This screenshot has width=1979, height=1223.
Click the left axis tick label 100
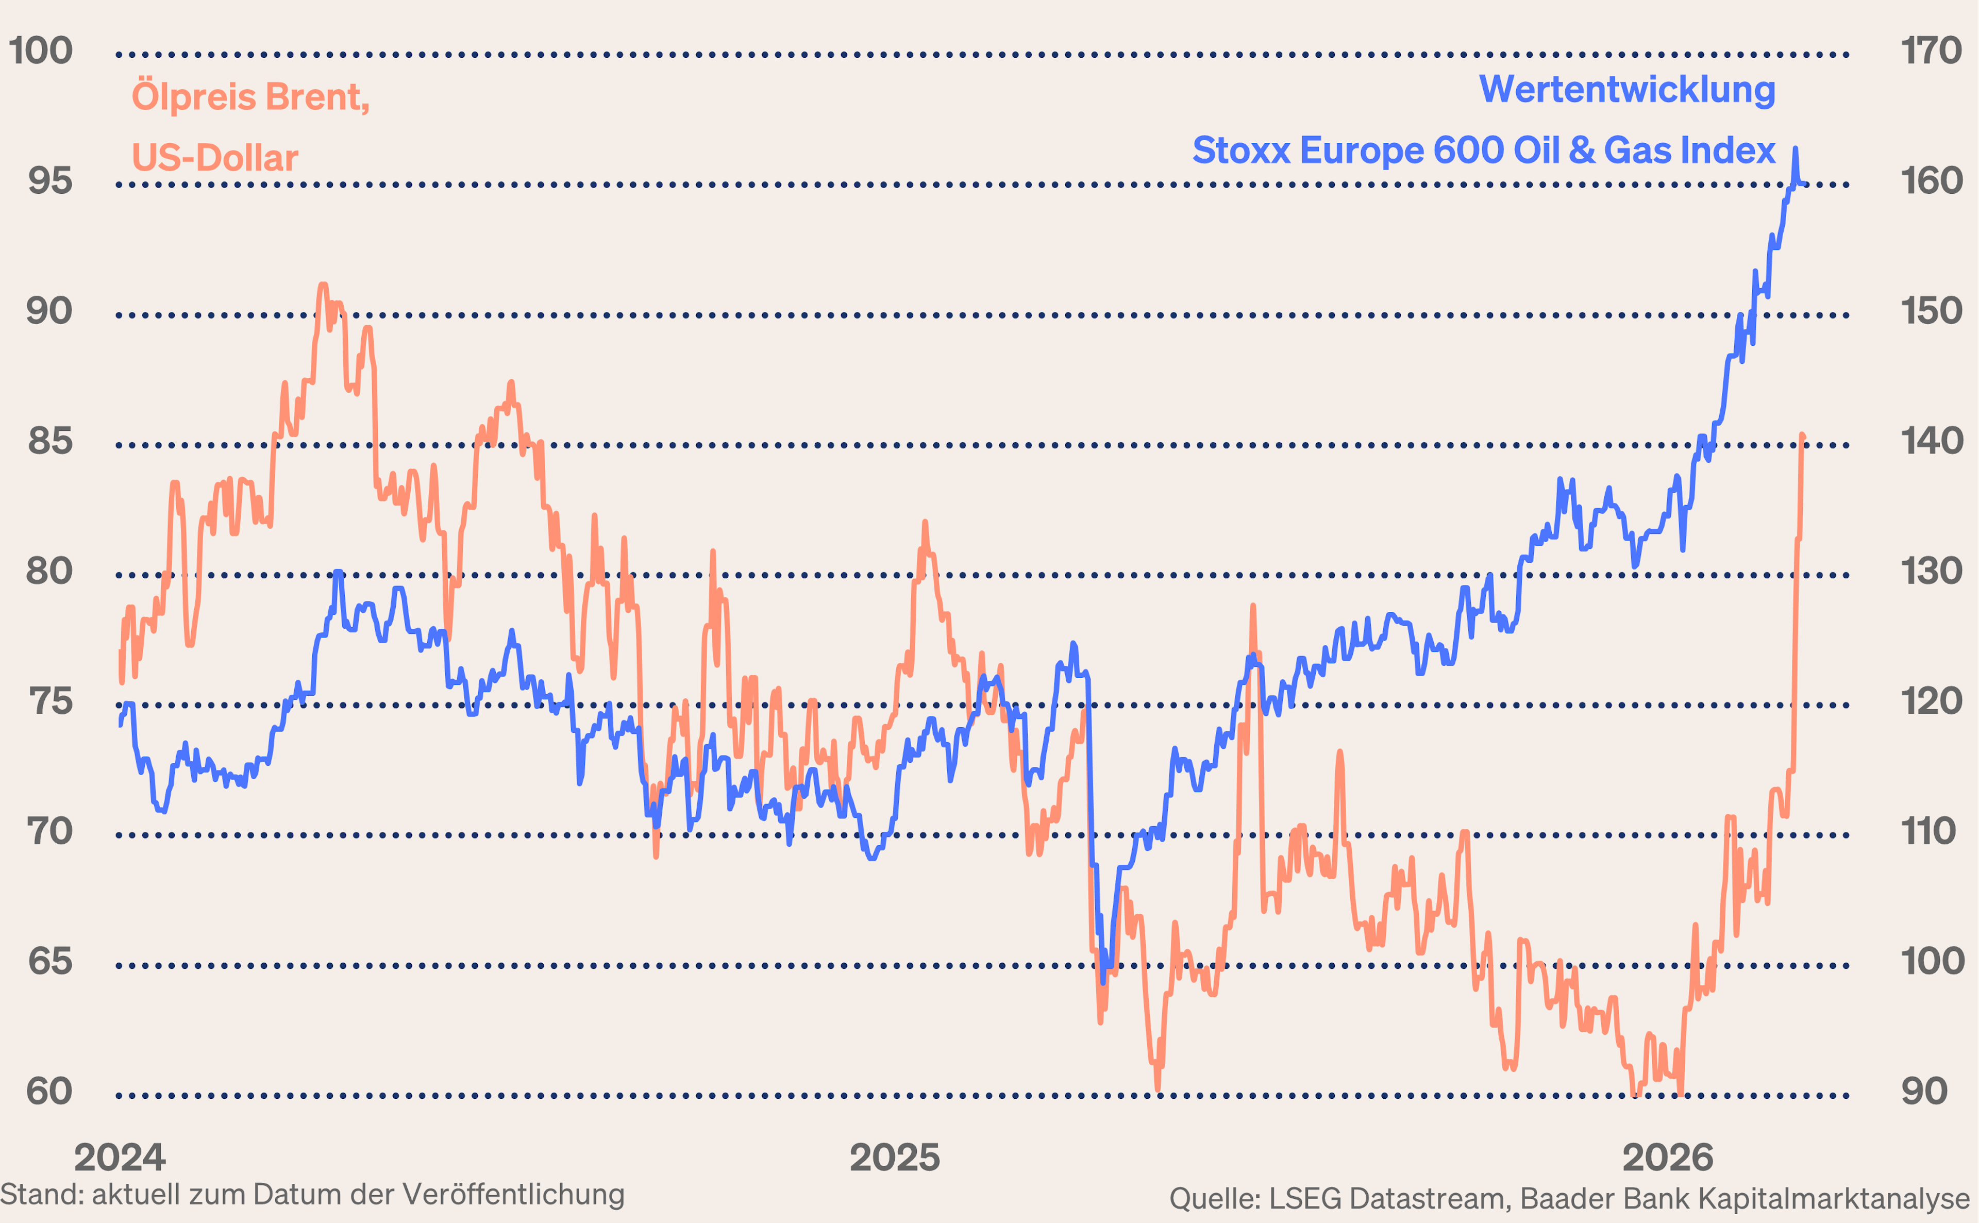pyautogui.click(x=40, y=51)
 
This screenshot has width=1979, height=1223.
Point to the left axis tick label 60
pyautogui.click(x=49, y=1092)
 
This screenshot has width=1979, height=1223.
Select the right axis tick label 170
pyautogui.click(x=1931, y=51)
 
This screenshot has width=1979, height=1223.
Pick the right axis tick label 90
pyautogui.click(x=1925, y=1092)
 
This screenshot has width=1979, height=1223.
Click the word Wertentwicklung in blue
pyautogui.click(x=1627, y=89)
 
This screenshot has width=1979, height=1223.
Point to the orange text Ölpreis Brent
pyautogui.click(x=250, y=96)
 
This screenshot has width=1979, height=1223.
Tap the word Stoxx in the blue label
pyautogui.click(x=1242, y=150)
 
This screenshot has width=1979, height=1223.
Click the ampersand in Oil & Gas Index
pyautogui.click(x=1581, y=150)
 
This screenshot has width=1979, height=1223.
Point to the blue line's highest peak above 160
pyautogui.click(x=1796, y=149)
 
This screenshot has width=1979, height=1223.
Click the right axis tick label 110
pyautogui.click(x=1931, y=831)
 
